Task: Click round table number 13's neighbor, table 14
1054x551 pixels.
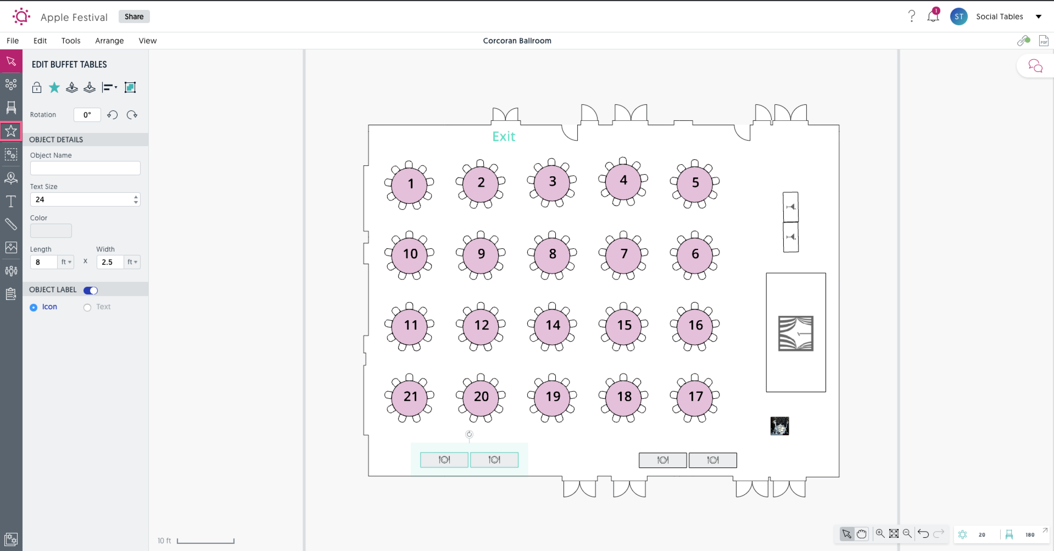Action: [552, 326]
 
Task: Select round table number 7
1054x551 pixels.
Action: [623, 254]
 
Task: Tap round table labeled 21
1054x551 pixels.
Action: [410, 397]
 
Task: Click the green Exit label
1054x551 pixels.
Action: [504, 137]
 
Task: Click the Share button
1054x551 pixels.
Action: [134, 16]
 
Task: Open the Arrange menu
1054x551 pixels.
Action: [109, 41]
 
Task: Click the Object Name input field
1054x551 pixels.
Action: [85, 168]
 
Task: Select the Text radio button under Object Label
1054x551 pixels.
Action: [87, 308]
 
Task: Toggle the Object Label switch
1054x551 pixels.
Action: [91, 291]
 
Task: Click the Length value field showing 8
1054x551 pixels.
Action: [44, 262]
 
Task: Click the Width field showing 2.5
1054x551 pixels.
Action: [110, 262]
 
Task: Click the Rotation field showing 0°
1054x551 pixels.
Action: [87, 115]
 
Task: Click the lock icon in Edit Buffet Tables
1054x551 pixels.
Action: [37, 87]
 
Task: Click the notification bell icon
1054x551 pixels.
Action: [933, 16]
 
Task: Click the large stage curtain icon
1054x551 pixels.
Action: [795, 333]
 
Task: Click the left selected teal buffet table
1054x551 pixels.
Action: [444, 460]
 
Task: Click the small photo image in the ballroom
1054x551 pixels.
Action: [779, 426]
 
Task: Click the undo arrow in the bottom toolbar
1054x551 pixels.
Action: [923, 533]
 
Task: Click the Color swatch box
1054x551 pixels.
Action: [51, 231]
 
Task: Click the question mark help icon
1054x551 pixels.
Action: [911, 16]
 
